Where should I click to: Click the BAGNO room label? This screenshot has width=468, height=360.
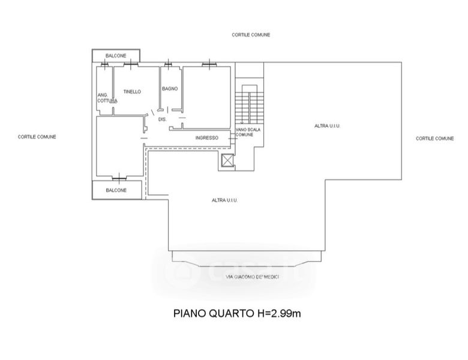tap(170, 89)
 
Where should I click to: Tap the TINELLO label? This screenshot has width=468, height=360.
tap(132, 92)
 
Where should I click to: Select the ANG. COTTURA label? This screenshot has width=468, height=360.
tap(107, 98)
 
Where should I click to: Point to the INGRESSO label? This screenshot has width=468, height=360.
tap(207, 138)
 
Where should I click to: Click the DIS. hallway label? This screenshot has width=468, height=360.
tap(163, 119)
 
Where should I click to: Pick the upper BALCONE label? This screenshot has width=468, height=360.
tap(116, 56)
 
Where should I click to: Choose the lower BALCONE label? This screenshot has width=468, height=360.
tap(116, 190)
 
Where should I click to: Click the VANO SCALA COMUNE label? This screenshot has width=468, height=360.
tap(248, 132)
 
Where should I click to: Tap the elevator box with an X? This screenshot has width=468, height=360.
tap(227, 161)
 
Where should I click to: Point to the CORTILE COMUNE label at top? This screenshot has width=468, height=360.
tap(251, 35)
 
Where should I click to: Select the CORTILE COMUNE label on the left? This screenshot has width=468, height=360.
tap(37, 137)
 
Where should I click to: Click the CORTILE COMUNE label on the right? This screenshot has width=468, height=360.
tap(435, 139)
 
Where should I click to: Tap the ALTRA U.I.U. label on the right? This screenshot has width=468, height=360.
tap(328, 126)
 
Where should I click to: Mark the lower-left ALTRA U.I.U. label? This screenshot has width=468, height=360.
tap(225, 200)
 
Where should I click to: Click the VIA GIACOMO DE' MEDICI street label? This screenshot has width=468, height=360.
tap(253, 277)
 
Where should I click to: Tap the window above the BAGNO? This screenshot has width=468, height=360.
tap(169, 64)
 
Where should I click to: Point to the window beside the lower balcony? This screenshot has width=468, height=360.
tap(119, 179)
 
